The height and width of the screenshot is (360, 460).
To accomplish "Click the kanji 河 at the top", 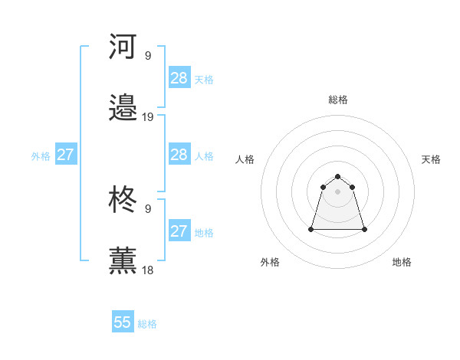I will pos(123,47).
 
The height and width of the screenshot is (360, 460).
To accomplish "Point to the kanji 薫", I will pos(123,261).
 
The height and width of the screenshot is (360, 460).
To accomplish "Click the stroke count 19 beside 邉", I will pos(148,117).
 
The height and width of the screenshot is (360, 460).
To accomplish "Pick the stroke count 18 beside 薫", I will pos(148,270).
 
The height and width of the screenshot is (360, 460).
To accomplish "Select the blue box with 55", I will pos(123,322).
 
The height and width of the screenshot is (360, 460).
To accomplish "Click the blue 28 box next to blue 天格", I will pos(179,78).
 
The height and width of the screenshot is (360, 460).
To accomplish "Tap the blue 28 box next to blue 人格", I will pos(179,155).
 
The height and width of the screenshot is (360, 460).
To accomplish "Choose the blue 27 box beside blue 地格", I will pos(179,231).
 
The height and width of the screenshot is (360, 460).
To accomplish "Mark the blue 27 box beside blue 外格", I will pos(65,155).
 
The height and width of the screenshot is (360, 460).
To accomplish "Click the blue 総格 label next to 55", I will pos(148,324).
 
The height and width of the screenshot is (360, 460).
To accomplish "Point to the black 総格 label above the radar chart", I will pos(338,100).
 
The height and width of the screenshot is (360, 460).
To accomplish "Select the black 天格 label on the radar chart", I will pos(432,159).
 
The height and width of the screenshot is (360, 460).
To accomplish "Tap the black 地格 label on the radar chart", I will pos(402,262).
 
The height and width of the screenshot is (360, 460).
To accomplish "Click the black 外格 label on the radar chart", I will pos(270,262).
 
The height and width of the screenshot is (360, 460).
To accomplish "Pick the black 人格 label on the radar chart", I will pos(245,159).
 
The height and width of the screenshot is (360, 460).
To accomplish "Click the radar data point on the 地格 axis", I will pos(364,229).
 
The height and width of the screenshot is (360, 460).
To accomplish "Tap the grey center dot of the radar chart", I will pos(338,191).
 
